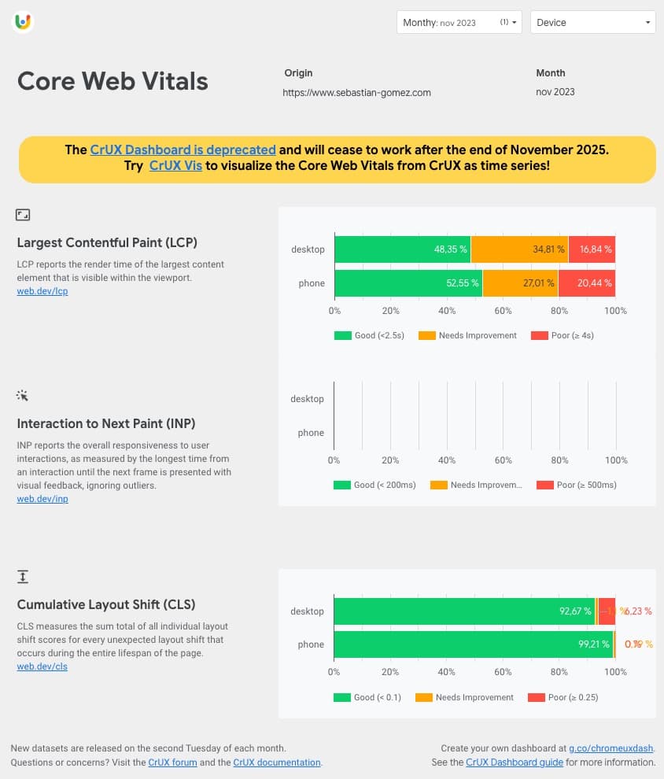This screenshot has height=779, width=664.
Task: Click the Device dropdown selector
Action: (x=593, y=23)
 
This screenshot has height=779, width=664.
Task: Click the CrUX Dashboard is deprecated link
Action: (x=183, y=150)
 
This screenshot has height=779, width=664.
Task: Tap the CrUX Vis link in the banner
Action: (x=175, y=166)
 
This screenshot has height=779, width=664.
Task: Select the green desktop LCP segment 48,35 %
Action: (x=402, y=249)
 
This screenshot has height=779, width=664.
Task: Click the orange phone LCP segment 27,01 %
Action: (x=520, y=283)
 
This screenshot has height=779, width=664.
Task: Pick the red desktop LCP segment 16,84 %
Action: (x=592, y=249)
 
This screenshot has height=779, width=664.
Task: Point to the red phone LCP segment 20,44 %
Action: (x=587, y=283)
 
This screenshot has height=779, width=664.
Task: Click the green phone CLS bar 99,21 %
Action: (x=473, y=644)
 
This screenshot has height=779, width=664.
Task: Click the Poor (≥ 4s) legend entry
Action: (x=562, y=335)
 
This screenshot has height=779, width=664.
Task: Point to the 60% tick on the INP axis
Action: (x=503, y=460)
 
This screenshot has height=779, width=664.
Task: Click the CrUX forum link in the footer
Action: (x=172, y=762)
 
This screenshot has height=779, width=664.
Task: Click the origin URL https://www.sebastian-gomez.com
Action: (x=357, y=93)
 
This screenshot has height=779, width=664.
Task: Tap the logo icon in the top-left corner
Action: (x=23, y=22)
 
